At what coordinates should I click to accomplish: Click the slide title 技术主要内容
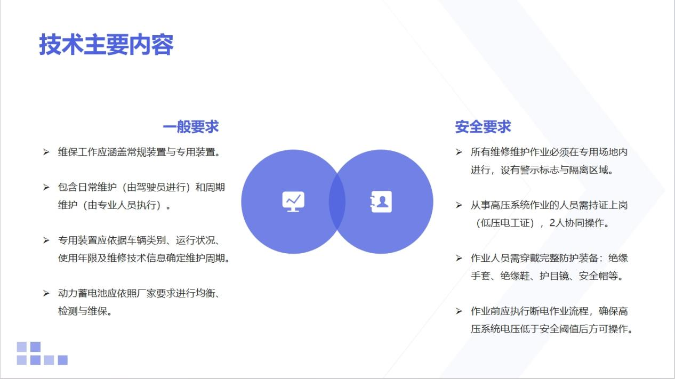point(106,45)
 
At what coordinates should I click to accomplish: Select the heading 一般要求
point(191,126)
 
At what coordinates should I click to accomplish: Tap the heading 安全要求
point(483,126)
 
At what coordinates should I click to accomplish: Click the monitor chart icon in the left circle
point(293,201)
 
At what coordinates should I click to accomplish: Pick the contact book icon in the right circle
point(381,201)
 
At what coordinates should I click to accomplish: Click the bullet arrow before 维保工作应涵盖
point(46,152)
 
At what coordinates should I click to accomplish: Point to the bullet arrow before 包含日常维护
point(46,188)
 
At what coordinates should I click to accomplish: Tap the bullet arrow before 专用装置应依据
point(46,240)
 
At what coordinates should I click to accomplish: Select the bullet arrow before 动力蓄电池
point(46,293)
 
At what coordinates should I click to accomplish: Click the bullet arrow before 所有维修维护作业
point(459,152)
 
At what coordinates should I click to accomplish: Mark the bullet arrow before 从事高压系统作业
point(459,205)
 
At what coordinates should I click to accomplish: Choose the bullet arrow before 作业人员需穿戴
point(459,258)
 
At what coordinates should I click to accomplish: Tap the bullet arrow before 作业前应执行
point(459,311)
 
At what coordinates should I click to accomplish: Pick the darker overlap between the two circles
point(337,201)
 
